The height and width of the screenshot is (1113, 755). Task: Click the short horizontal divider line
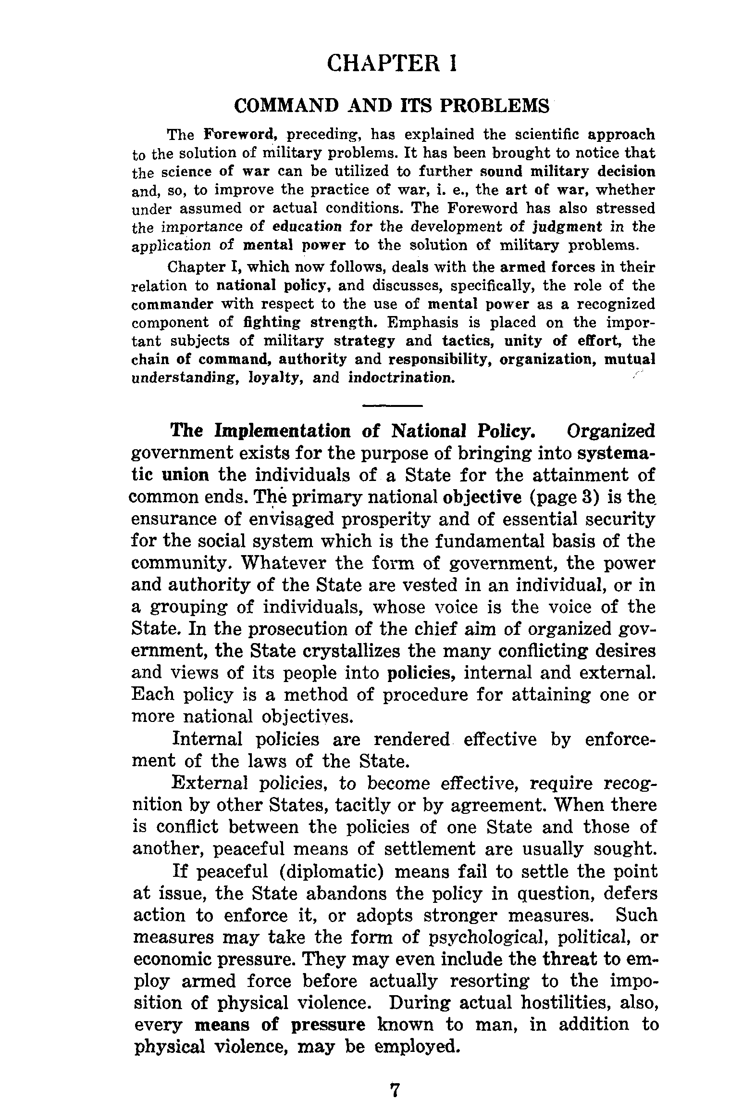point(392,406)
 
